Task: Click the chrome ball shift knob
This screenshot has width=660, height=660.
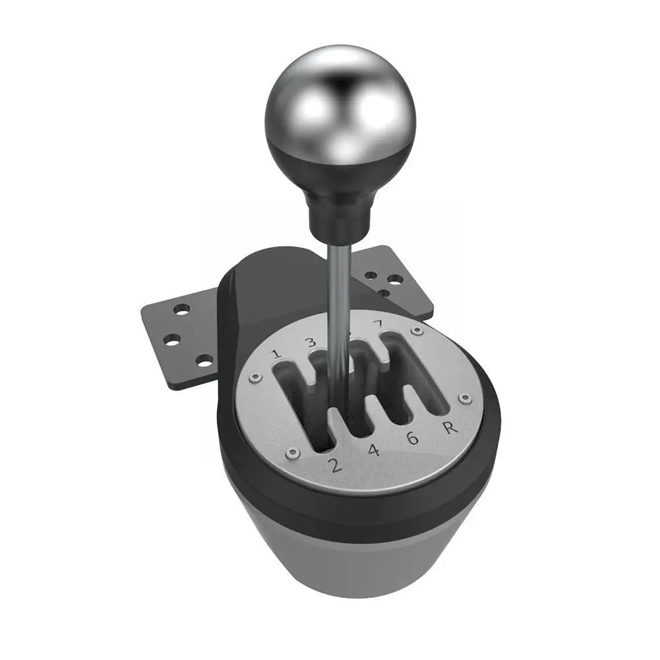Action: [x=340, y=115]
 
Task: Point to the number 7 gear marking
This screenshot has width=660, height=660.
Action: [x=377, y=324]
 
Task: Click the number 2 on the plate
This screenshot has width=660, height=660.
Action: [x=335, y=465]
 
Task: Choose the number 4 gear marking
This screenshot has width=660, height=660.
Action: [x=373, y=451]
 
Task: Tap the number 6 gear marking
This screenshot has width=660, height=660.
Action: [x=413, y=438]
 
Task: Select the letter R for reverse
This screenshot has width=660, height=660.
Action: [x=450, y=427]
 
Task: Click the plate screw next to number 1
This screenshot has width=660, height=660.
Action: [x=254, y=378]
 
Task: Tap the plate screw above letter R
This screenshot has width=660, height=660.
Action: [x=465, y=398]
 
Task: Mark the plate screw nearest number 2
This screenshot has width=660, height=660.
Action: [x=293, y=452]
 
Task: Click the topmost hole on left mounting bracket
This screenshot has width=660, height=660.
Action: [x=181, y=309]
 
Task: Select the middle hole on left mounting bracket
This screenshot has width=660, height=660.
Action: [x=172, y=340]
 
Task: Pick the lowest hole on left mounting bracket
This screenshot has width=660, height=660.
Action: [x=204, y=360]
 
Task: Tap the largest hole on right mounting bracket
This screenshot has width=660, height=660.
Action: [x=395, y=279]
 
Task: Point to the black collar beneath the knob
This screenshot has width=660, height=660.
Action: [x=338, y=211]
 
